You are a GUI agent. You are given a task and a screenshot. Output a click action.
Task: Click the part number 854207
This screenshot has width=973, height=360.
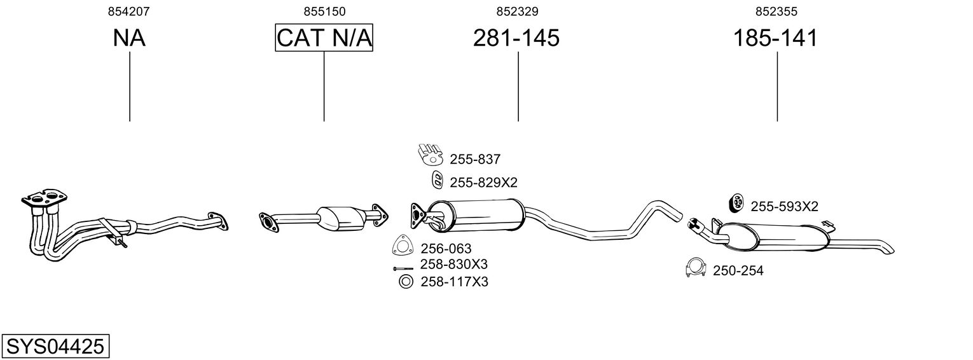[129, 11]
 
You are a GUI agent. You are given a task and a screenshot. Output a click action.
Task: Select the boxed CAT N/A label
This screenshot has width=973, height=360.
[324, 38]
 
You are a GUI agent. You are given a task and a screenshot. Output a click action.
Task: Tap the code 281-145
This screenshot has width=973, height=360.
[516, 38]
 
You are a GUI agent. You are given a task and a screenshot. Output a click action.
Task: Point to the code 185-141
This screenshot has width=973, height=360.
[775, 38]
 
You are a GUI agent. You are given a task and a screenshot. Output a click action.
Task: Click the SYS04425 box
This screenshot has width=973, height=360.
[55, 347]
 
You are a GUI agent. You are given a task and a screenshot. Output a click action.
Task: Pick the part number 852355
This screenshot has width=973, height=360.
[776, 11]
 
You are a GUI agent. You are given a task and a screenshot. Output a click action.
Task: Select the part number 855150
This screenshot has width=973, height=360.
[324, 11]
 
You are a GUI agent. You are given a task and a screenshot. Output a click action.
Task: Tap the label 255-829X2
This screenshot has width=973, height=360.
[483, 183]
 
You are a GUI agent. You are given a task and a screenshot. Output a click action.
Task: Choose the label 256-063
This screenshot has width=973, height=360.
[446, 249]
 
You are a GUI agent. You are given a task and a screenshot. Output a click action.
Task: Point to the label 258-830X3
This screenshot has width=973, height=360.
[453, 265]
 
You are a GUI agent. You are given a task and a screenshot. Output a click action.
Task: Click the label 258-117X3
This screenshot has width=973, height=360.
[454, 282]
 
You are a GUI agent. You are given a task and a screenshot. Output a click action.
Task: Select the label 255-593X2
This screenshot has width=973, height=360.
[784, 206]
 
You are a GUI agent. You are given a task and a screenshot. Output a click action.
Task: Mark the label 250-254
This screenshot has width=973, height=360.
[738, 271]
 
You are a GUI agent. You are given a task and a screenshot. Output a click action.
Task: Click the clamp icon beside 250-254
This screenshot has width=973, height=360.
[696, 269]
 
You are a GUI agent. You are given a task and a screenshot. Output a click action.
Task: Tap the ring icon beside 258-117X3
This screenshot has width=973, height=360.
[404, 282]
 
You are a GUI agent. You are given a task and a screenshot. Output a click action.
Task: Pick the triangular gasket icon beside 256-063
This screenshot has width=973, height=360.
[402, 246]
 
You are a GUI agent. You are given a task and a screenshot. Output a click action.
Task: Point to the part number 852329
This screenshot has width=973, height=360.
[518, 11]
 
